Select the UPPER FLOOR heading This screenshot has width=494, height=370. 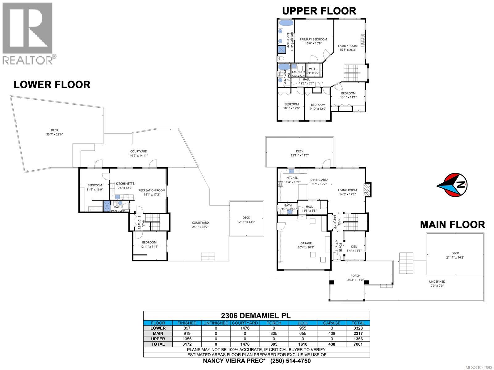point(319,11)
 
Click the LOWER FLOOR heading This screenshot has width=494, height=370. point(52,84)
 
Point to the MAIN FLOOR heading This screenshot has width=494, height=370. point(452,225)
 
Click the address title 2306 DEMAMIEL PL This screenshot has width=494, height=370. point(256,315)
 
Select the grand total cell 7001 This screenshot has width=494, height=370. point(358,344)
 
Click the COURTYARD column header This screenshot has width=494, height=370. point(245,323)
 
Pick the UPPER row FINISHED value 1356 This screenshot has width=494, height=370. point(187,339)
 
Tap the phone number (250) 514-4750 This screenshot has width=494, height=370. point(290,361)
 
